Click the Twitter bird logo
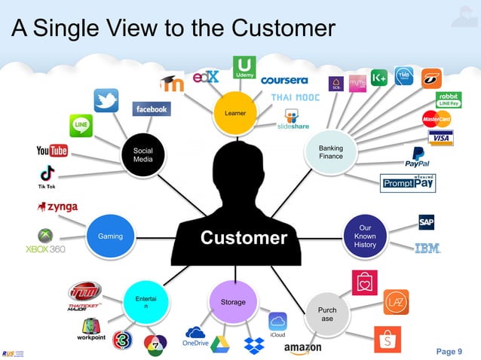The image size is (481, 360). pos(106,101)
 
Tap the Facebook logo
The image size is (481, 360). pos(152,109)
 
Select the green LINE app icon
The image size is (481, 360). pos(81,125)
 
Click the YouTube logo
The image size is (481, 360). pos(52,151)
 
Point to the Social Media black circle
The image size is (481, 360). pos(143,155)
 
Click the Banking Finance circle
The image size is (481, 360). pos(330,152)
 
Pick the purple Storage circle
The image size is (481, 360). pos(233,301)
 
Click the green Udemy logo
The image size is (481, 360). pos(244,68)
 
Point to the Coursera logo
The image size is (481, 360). pos(284,80)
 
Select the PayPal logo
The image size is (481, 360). pos(417,157)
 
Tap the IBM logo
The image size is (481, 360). pos(427,248)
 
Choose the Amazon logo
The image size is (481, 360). pos(303,348)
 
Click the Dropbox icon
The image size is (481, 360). pos(253,345)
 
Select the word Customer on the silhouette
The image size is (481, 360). pos(243,238)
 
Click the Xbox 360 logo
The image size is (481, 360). pos(45,242)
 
